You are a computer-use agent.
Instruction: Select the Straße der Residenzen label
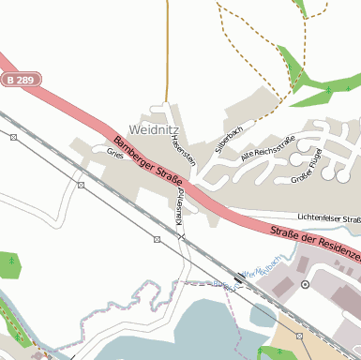tap(314, 241)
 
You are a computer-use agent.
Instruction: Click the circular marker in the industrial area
tap(305, 283)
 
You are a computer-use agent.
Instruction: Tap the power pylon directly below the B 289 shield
tap(13, 137)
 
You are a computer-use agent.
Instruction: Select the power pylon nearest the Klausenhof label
tap(157, 240)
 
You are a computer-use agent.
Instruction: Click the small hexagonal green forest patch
tap(10, 264)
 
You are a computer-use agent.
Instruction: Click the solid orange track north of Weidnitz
tap(168, 47)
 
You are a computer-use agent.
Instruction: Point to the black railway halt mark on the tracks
tap(238, 278)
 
